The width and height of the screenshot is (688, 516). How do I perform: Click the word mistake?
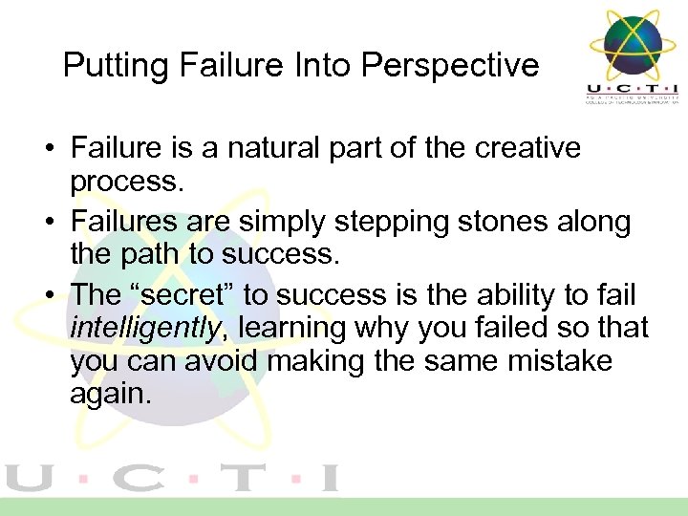click(x=565, y=362)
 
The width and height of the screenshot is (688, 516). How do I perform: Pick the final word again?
click(x=110, y=395)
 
